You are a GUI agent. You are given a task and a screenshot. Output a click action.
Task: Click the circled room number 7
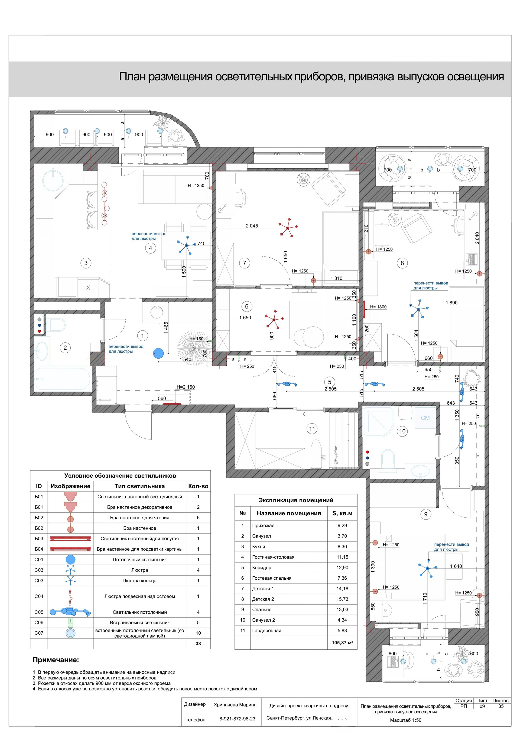pos(245,263)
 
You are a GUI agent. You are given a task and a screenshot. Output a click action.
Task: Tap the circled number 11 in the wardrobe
pos(312,429)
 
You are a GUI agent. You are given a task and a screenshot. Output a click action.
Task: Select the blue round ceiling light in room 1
pos(158,353)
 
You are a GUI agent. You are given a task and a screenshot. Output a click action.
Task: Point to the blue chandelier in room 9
pos(428,568)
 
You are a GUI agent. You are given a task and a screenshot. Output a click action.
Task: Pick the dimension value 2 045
pos(252,226)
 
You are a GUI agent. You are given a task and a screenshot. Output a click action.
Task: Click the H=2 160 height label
pos(186,387)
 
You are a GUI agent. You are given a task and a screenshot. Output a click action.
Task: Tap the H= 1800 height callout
pos(378,307)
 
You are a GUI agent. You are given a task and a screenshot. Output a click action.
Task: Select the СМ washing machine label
pos(425,418)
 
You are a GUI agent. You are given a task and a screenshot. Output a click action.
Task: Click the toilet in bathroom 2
pos(58,325)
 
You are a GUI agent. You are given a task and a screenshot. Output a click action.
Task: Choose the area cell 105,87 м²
pos(342,642)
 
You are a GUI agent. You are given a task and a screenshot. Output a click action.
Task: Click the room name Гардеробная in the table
pos(266,630)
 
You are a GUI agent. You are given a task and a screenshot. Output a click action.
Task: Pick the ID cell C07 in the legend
pos(39,633)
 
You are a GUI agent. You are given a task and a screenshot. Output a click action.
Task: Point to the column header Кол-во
pos(198,486)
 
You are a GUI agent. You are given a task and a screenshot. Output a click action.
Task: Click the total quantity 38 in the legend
pos(198,644)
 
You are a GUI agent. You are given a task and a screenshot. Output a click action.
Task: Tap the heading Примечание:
pos(56,660)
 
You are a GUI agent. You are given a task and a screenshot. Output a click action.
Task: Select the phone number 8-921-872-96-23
pos(238,719)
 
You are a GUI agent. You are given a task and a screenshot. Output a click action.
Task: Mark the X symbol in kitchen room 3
pos(89,288)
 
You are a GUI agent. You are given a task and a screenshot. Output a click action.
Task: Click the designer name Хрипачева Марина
pos(235,705)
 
